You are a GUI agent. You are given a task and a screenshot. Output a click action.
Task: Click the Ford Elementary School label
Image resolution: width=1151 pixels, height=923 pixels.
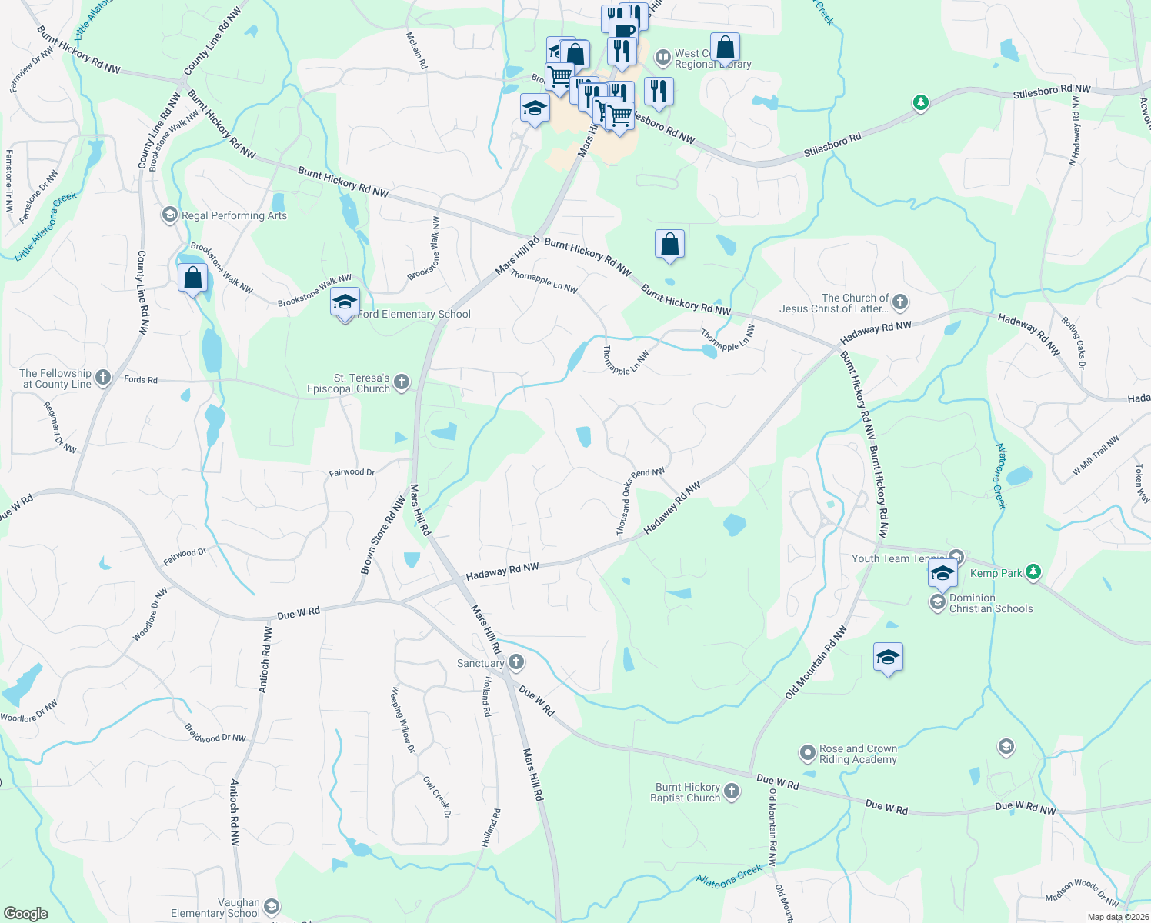[415, 314]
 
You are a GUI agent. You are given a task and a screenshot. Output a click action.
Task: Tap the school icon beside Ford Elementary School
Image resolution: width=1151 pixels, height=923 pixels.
[345, 302]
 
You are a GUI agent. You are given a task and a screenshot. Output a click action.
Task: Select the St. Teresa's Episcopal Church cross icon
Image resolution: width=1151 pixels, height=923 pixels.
[402, 382]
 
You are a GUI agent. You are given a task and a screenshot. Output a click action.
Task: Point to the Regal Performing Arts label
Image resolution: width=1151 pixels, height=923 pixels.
[234, 215]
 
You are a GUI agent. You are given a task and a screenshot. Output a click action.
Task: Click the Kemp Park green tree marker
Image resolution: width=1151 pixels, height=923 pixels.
[1033, 571]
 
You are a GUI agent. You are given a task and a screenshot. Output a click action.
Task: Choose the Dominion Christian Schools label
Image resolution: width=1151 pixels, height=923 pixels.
[991, 603]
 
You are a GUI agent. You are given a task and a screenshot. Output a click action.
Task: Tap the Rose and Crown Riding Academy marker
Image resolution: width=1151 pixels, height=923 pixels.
[807, 752]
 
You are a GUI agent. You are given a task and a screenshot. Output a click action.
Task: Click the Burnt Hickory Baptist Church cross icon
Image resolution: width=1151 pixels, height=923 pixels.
[732, 791]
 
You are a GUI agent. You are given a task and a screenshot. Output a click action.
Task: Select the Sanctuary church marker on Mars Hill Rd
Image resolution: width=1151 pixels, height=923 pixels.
[516, 661]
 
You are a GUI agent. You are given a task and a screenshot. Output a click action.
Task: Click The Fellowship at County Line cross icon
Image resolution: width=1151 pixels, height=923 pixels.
[104, 377]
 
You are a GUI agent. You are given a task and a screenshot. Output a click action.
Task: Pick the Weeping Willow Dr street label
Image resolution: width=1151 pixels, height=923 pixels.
[403, 720]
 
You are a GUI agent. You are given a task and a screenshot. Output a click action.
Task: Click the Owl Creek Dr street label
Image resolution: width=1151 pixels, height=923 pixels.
[436, 798]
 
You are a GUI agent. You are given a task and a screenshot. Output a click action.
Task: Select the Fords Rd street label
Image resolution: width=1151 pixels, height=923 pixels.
[141, 379]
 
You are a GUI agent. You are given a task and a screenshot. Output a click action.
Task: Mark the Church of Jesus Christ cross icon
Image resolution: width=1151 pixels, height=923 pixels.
[900, 302]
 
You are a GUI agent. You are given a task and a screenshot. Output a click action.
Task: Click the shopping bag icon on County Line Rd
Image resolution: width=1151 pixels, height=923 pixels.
[192, 278]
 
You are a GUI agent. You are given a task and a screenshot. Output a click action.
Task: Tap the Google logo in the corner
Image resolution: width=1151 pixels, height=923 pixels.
[25, 913]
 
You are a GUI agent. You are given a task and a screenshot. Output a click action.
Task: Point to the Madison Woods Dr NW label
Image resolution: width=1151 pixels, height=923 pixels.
[1081, 891]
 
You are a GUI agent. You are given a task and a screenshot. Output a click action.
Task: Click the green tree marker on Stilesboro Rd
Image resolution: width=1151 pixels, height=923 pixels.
[920, 102]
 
